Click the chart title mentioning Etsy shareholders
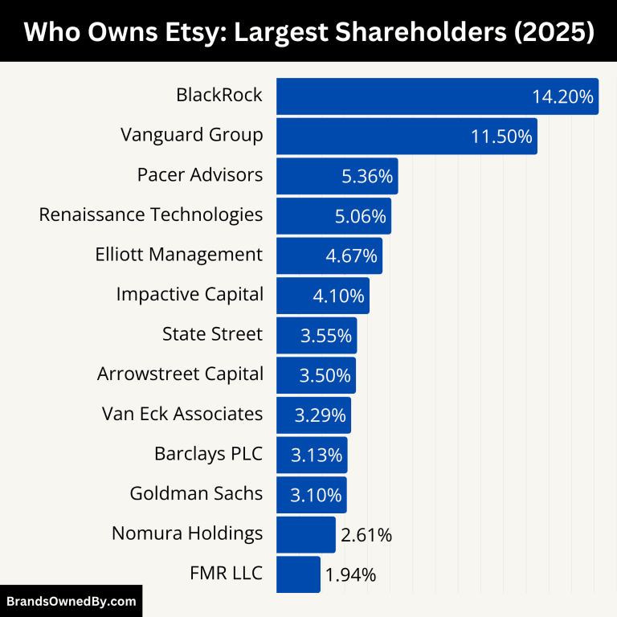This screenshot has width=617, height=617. (x=308, y=31)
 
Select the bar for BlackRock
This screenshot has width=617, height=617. (x=402, y=96)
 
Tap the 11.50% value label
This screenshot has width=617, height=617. (x=501, y=137)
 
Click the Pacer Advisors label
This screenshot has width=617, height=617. (x=199, y=175)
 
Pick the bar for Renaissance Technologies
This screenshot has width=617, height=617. (x=305, y=215)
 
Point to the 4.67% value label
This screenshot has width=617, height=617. (x=351, y=255)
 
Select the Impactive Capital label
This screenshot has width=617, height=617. (x=189, y=294)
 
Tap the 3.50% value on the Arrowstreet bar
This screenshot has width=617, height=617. (x=325, y=375)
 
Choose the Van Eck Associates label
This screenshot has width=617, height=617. (x=182, y=414)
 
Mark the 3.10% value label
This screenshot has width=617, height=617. (x=316, y=495)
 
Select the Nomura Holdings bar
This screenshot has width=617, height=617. (x=305, y=534)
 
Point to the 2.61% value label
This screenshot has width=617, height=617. (x=366, y=534)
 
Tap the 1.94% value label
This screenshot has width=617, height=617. (x=351, y=574)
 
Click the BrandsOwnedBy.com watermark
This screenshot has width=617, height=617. (x=72, y=601)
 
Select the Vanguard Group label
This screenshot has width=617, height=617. (x=191, y=135)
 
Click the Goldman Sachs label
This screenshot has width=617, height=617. (x=196, y=493)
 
